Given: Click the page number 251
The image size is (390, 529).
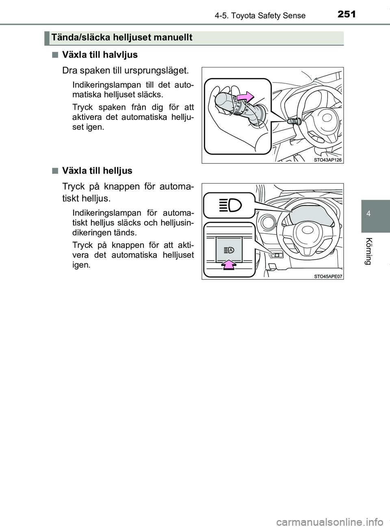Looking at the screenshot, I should [x=347, y=14].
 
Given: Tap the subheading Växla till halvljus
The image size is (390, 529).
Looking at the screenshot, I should [x=100, y=55].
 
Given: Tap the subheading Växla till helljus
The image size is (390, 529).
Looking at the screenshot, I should [x=97, y=171].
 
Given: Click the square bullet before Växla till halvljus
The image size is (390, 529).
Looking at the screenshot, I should [x=54, y=55].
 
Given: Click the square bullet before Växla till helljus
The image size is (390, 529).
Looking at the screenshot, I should [x=54, y=171].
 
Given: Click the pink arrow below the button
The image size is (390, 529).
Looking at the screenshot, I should [x=229, y=264].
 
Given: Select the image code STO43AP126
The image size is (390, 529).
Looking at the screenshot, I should [x=328, y=160].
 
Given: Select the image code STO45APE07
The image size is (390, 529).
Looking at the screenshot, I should [x=328, y=276].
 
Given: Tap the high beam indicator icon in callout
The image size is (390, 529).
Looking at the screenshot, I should [x=229, y=206].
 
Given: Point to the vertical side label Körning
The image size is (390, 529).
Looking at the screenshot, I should [x=368, y=251].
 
